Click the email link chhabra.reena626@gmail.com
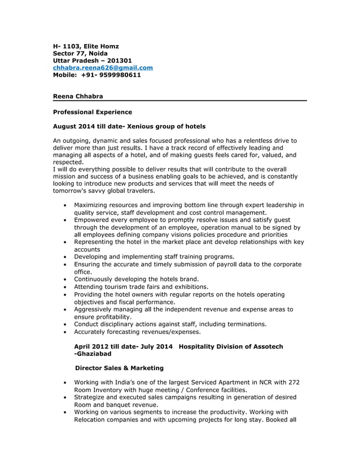[103, 68]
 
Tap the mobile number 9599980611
[119, 75]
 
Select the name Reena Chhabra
[78, 97]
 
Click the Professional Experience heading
[92, 112]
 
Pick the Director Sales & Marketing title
[120, 368]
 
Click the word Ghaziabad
[94, 354]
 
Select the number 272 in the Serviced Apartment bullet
[293, 383]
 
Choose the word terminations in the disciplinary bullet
[243, 324]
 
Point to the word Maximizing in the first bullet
[93, 205]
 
